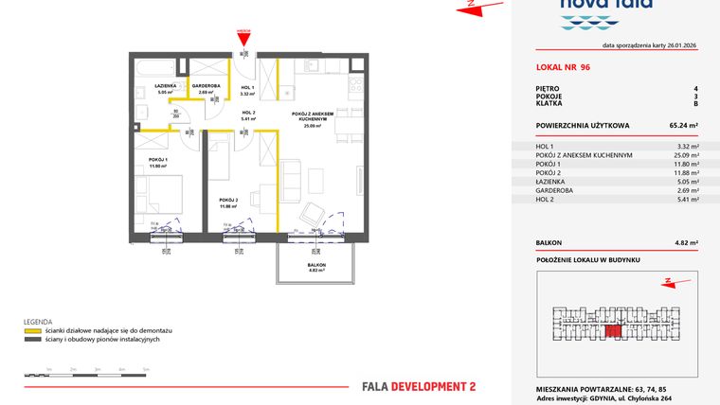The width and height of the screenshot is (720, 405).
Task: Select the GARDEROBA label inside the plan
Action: point(206,85)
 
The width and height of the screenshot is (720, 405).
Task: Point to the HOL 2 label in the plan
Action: point(248,113)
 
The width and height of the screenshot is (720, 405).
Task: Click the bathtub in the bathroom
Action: point(156,69)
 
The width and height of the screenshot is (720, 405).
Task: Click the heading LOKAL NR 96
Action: point(563,68)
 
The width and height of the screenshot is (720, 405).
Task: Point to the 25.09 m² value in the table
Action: point(686,155)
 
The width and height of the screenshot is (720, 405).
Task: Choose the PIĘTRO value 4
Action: point(695,88)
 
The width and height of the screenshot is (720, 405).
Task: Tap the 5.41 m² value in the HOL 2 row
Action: point(688,200)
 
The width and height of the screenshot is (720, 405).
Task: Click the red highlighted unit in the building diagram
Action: point(614,330)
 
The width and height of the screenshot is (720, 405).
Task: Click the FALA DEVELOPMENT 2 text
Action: point(419,386)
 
